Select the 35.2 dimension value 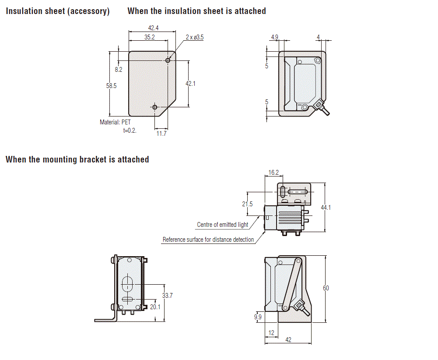[150, 37]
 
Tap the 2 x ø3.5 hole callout [194, 37]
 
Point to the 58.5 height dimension [112, 86]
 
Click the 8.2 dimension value [119, 70]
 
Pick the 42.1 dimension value [190, 83]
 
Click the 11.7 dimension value [161, 134]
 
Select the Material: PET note [115, 122]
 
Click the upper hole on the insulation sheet [168, 60]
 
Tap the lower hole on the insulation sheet [154, 107]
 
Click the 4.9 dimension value [275, 37]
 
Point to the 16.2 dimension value [273, 173]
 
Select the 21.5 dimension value [248, 204]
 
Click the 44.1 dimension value [326, 207]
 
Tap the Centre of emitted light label [222, 225]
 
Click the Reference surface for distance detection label [208, 240]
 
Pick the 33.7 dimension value [167, 296]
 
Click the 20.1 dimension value [155, 307]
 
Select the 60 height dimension [326, 288]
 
